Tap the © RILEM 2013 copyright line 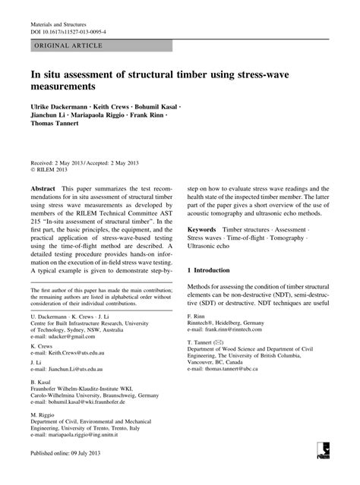(x=51, y=171)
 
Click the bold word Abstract (x=42, y=187)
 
